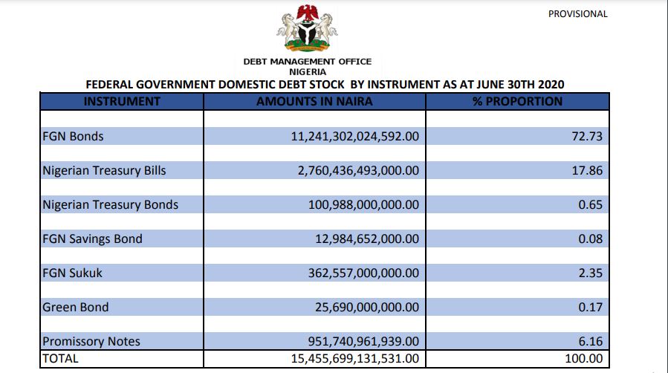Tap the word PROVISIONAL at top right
pyautogui.click(x=577, y=13)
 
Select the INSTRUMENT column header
pyautogui.click(x=122, y=101)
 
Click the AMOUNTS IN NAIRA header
pyautogui.click(x=314, y=101)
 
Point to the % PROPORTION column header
pyautogui.click(x=517, y=101)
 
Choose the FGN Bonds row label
pyautogui.click(x=73, y=137)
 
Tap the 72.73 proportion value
pyautogui.click(x=588, y=137)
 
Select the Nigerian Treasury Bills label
pyautogui.click(x=104, y=170)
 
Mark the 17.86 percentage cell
pyautogui.click(x=588, y=170)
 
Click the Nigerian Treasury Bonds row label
pyautogui.click(x=110, y=204)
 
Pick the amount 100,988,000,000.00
pyautogui.click(x=363, y=204)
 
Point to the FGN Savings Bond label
pyautogui.click(x=92, y=239)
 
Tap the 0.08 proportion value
pyautogui.click(x=591, y=239)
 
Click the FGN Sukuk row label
pyautogui.click(x=72, y=273)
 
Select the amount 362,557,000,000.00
pyautogui.click(x=363, y=273)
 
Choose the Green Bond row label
pyautogui.click(x=76, y=307)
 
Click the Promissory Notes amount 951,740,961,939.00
pyautogui.click(x=363, y=342)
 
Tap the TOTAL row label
pyautogui.click(x=60, y=358)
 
